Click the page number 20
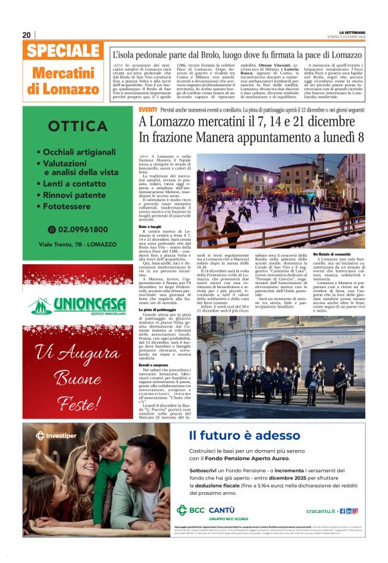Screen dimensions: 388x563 (27, 35)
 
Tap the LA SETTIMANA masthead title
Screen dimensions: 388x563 (353, 32)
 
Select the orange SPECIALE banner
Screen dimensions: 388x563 (64, 51)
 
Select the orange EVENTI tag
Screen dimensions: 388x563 (147, 109)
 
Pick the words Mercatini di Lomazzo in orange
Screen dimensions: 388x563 (64, 80)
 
